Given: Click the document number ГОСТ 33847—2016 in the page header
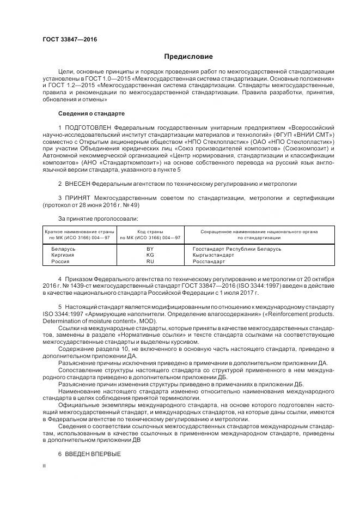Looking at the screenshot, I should [66, 40].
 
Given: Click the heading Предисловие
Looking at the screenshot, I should [188, 57].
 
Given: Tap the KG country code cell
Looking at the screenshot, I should [150, 255].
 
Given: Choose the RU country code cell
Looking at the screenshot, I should [150, 262].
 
